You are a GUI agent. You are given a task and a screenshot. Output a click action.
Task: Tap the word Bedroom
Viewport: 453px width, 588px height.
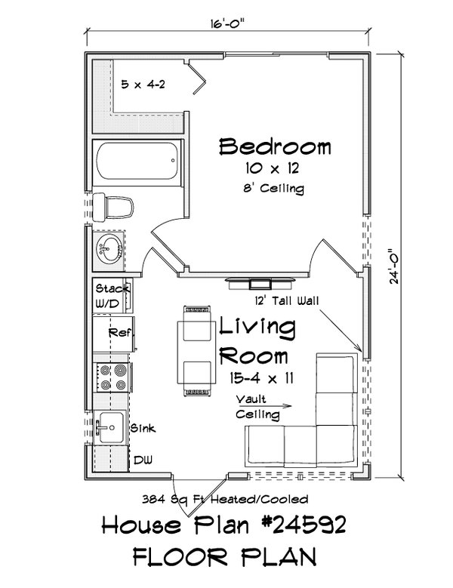click(275, 146)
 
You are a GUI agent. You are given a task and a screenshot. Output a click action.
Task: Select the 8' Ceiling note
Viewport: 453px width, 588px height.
click(274, 189)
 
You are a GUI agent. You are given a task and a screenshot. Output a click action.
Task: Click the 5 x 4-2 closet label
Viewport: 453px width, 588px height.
click(143, 84)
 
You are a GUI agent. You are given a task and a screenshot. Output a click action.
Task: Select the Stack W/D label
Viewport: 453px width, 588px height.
click(112, 295)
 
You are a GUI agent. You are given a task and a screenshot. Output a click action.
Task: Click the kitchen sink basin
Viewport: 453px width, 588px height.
click(110, 427)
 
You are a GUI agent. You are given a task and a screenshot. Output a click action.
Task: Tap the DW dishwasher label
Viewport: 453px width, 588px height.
click(141, 459)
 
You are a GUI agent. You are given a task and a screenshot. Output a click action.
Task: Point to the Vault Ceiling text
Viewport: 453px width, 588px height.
click(256, 407)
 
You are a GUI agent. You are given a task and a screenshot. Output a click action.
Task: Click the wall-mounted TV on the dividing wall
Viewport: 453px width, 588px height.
click(259, 283)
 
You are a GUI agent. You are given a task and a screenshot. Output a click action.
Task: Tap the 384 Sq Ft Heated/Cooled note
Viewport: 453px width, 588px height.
click(224, 499)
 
